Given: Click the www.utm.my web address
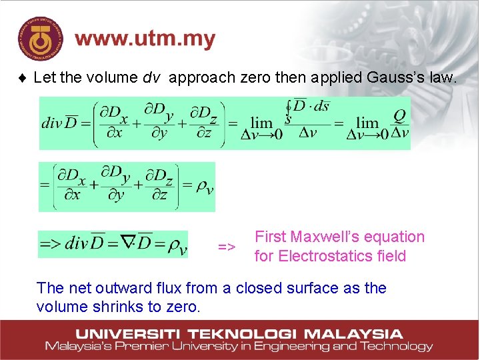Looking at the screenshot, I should tap(145, 39).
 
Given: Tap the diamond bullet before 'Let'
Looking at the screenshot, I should tap(23, 78).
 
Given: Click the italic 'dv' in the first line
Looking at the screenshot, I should tap(151, 77).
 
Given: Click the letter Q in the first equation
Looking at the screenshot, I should tap(399, 115).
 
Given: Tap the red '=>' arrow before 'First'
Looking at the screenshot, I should tap(227, 247).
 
